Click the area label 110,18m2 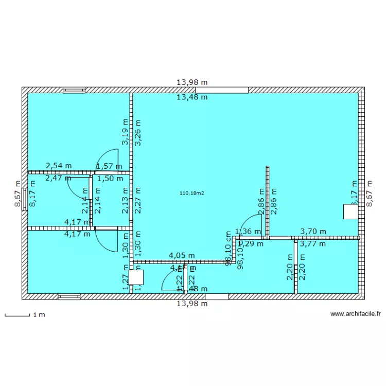[192, 193]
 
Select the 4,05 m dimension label [182, 255]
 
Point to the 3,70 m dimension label [313, 232]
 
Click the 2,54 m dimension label [59, 166]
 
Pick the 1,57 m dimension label [109, 166]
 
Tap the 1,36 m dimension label [248, 232]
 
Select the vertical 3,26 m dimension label [138, 133]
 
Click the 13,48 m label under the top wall [192, 97]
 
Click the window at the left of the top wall [74, 90]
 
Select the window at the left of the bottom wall [69, 296]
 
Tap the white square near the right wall [350, 212]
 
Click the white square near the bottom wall [137, 277]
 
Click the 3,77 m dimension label [313, 244]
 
